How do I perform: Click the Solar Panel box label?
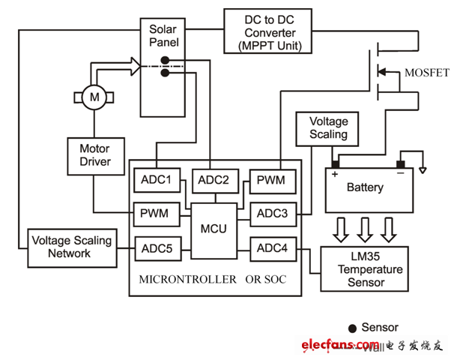click(x=163, y=35)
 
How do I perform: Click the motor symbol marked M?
click(x=94, y=97)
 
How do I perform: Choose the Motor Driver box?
click(x=95, y=154)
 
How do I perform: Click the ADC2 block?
click(x=216, y=180)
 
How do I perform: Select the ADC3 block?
click(x=273, y=214)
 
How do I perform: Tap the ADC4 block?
click(x=273, y=247)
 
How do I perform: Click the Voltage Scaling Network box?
click(x=71, y=247)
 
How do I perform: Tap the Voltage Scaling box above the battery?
click(x=329, y=127)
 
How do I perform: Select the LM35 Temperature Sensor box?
click(x=366, y=268)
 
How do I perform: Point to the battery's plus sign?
click(x=333, y=174)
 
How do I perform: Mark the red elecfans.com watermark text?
click(x=330, y=344)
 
